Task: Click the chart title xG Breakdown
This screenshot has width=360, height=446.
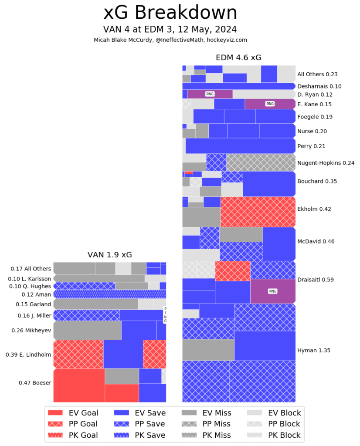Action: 170,13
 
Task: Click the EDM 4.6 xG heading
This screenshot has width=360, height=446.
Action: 238,57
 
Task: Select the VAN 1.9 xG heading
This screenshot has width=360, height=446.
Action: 109,254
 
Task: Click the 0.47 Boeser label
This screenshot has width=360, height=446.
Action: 35,383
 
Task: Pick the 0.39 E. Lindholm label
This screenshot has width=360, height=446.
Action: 28,355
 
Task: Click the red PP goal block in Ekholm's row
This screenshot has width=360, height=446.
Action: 258,212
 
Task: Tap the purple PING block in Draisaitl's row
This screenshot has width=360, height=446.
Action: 273,291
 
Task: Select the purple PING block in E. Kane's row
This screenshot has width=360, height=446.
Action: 270,104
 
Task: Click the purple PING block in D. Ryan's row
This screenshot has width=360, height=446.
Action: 210,94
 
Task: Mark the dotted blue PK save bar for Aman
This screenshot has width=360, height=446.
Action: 109,294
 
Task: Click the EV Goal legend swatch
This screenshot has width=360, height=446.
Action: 56,413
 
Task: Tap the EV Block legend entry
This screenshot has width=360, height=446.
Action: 273,413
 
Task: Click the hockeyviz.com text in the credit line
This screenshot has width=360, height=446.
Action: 231,40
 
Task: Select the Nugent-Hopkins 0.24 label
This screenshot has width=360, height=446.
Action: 326,163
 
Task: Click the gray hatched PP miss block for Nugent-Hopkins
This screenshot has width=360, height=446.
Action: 261,162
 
